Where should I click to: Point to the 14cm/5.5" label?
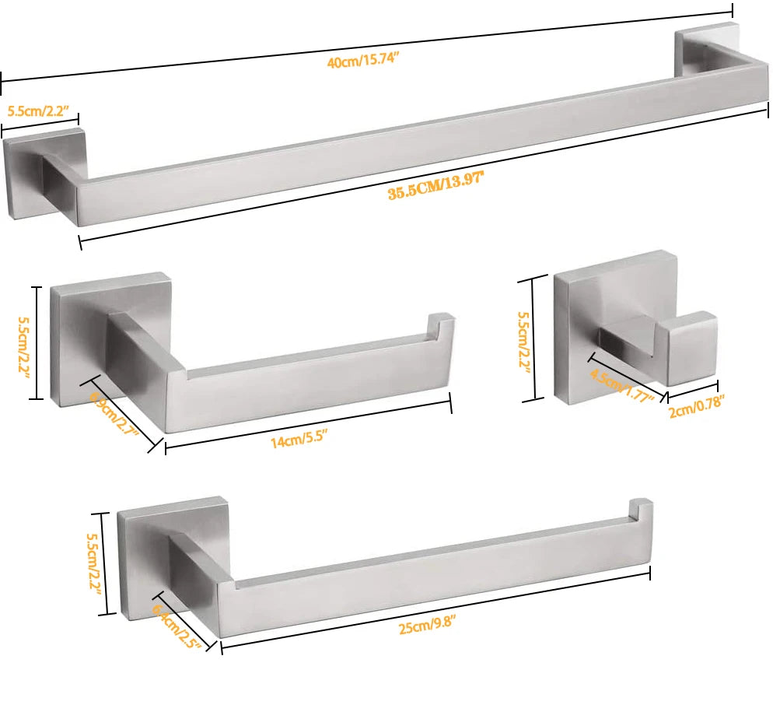(294, 442)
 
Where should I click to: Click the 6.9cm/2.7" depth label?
(114, 418)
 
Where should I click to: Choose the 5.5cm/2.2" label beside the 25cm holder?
(94, 563)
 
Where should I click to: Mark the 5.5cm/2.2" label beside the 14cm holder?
(23, 342)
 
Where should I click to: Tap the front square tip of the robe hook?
(692, 350)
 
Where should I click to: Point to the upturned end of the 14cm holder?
(441, 327)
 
